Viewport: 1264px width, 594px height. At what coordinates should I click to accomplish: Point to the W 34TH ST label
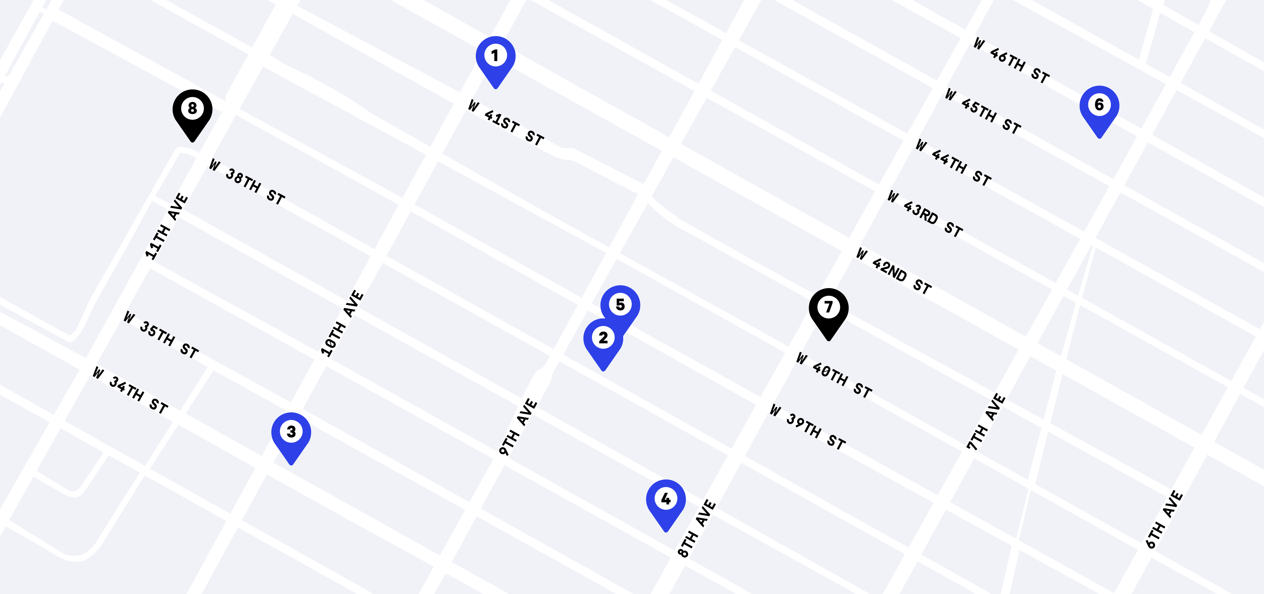click(130, 390)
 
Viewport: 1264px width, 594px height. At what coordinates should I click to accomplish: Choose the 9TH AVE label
click(518, 427)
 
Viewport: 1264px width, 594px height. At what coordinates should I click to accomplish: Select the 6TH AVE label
click(1164, 519)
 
